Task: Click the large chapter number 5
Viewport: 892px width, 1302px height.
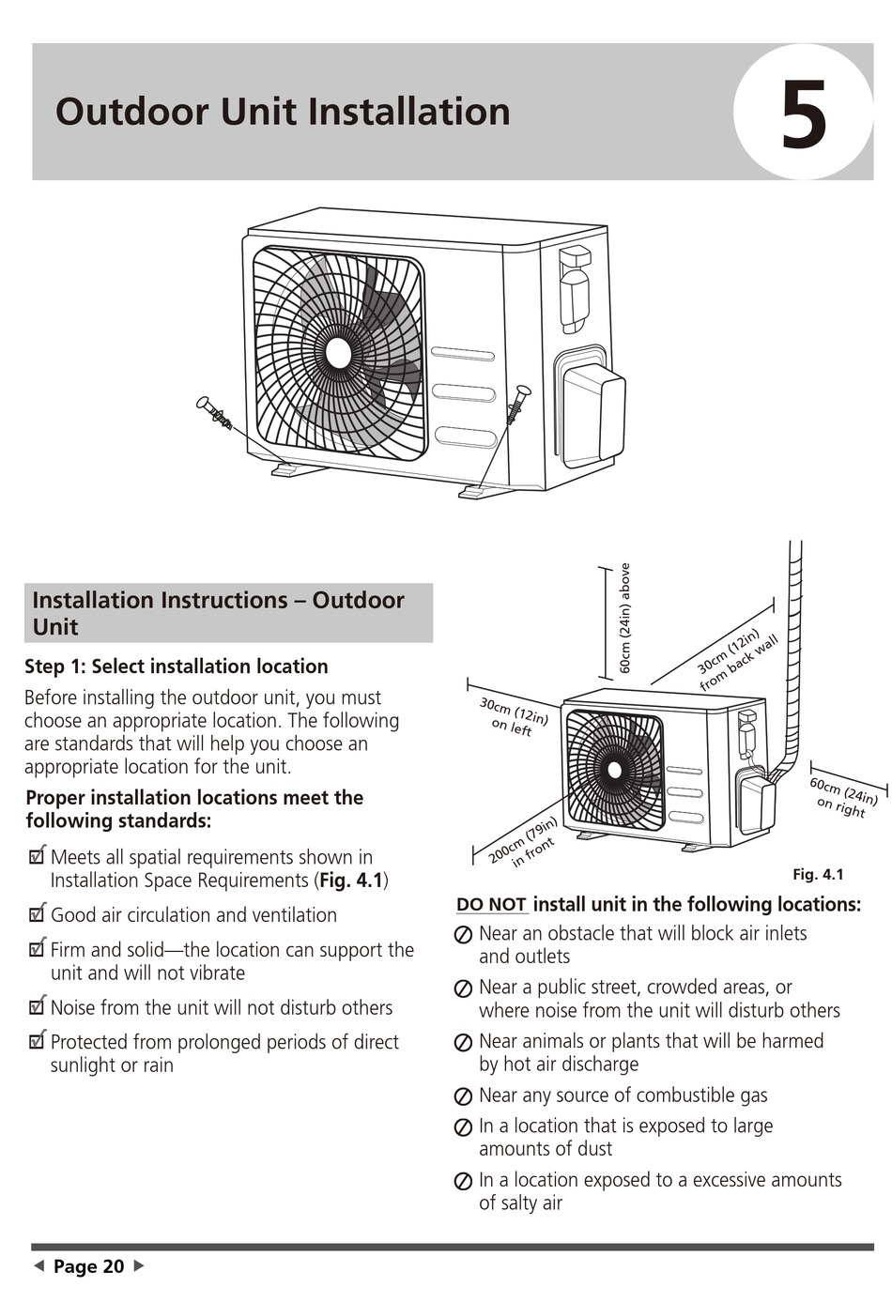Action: (804, 115)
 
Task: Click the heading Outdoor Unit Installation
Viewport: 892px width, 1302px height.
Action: (283, 112)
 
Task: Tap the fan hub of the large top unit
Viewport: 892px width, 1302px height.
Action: (338, 353)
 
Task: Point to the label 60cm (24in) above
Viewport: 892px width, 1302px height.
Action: (625, 619)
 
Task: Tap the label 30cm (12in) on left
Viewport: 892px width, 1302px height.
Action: (512, 716)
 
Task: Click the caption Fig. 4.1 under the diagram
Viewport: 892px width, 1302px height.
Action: (818, 875)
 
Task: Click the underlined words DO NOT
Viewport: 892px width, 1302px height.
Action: (491, 905)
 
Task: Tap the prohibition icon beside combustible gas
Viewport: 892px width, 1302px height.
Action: (463, 1096)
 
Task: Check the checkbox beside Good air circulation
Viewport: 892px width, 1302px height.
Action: (38, 914)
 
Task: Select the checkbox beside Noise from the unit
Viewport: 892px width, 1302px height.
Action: (38, 1007)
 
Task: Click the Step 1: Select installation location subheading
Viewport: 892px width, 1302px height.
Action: (177, 666)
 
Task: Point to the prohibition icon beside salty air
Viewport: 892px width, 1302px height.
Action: (463, 1182)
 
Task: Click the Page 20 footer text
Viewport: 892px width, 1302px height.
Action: (88, 1266)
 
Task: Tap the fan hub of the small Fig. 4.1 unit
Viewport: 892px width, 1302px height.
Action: (615, 770)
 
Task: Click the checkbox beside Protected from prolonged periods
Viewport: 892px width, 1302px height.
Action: (38, 1041)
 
